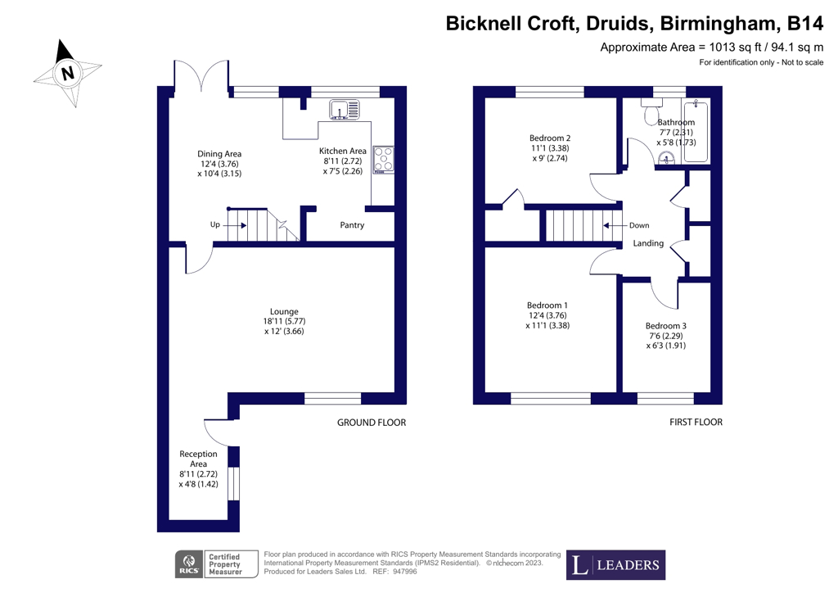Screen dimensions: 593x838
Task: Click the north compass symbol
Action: click(x=67, y=73)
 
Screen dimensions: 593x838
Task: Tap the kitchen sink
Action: click(x=345, y=110)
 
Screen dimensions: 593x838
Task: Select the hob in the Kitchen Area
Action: click(x=383, y=160)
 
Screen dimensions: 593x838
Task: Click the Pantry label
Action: click(x=352, y=225)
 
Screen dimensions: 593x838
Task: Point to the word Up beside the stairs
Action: click(x=214, y=224)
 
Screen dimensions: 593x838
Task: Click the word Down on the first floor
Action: click(x=639, y=225)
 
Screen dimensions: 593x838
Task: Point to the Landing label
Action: click(x=648, y=244)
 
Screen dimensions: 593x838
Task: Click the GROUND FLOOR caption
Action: click(x=372, y=423)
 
